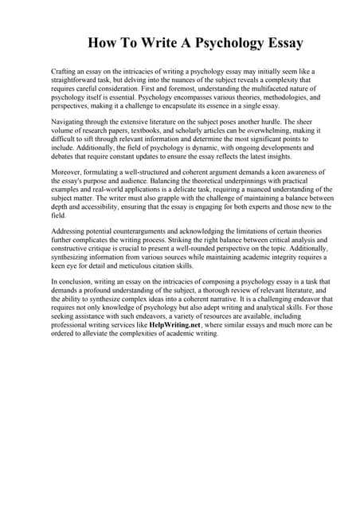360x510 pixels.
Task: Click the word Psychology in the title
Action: (216, 42)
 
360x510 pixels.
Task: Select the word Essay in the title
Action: (284, 42)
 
